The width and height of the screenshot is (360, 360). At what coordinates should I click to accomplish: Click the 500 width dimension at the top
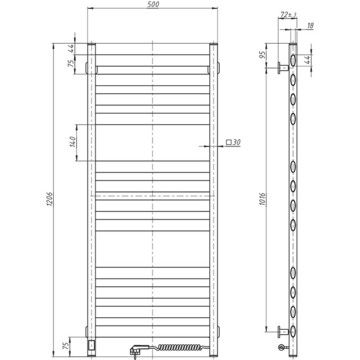coord(152,5)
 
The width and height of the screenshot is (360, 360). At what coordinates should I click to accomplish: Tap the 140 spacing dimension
coord(74,141)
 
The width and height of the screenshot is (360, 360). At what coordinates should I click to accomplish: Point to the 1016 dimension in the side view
coord(269,199)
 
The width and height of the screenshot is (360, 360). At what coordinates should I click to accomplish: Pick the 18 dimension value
coord(310,25)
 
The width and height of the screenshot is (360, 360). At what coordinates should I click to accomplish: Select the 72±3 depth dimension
coord(290,14)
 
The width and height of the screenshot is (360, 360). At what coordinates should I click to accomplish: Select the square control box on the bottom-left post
coord(92,345)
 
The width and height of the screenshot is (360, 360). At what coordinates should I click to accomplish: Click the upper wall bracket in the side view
coord(283,67)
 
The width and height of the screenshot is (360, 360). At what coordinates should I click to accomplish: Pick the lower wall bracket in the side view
coord(283,332)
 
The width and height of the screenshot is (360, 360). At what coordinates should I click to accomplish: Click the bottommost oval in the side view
coord(292,331)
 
